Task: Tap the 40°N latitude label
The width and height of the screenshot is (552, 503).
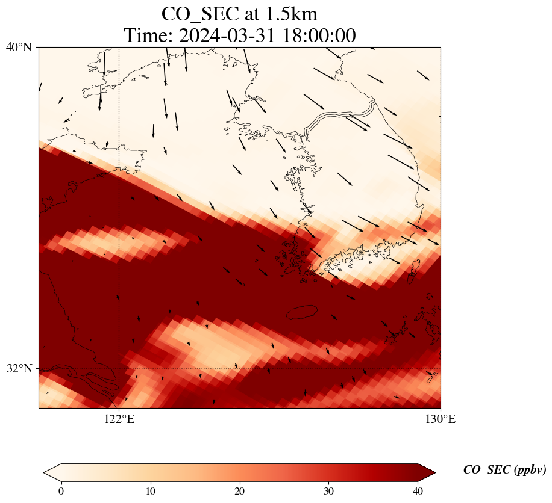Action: pos(19,47)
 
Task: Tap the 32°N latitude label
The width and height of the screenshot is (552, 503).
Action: pos(19,368)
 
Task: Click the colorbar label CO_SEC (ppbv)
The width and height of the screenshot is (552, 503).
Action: pos(504,470)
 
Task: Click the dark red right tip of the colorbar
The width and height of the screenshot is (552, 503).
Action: pos(427,473)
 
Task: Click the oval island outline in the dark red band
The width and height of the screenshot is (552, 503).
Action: pos(302,312)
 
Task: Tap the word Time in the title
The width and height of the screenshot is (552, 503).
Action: pos(143,35)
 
